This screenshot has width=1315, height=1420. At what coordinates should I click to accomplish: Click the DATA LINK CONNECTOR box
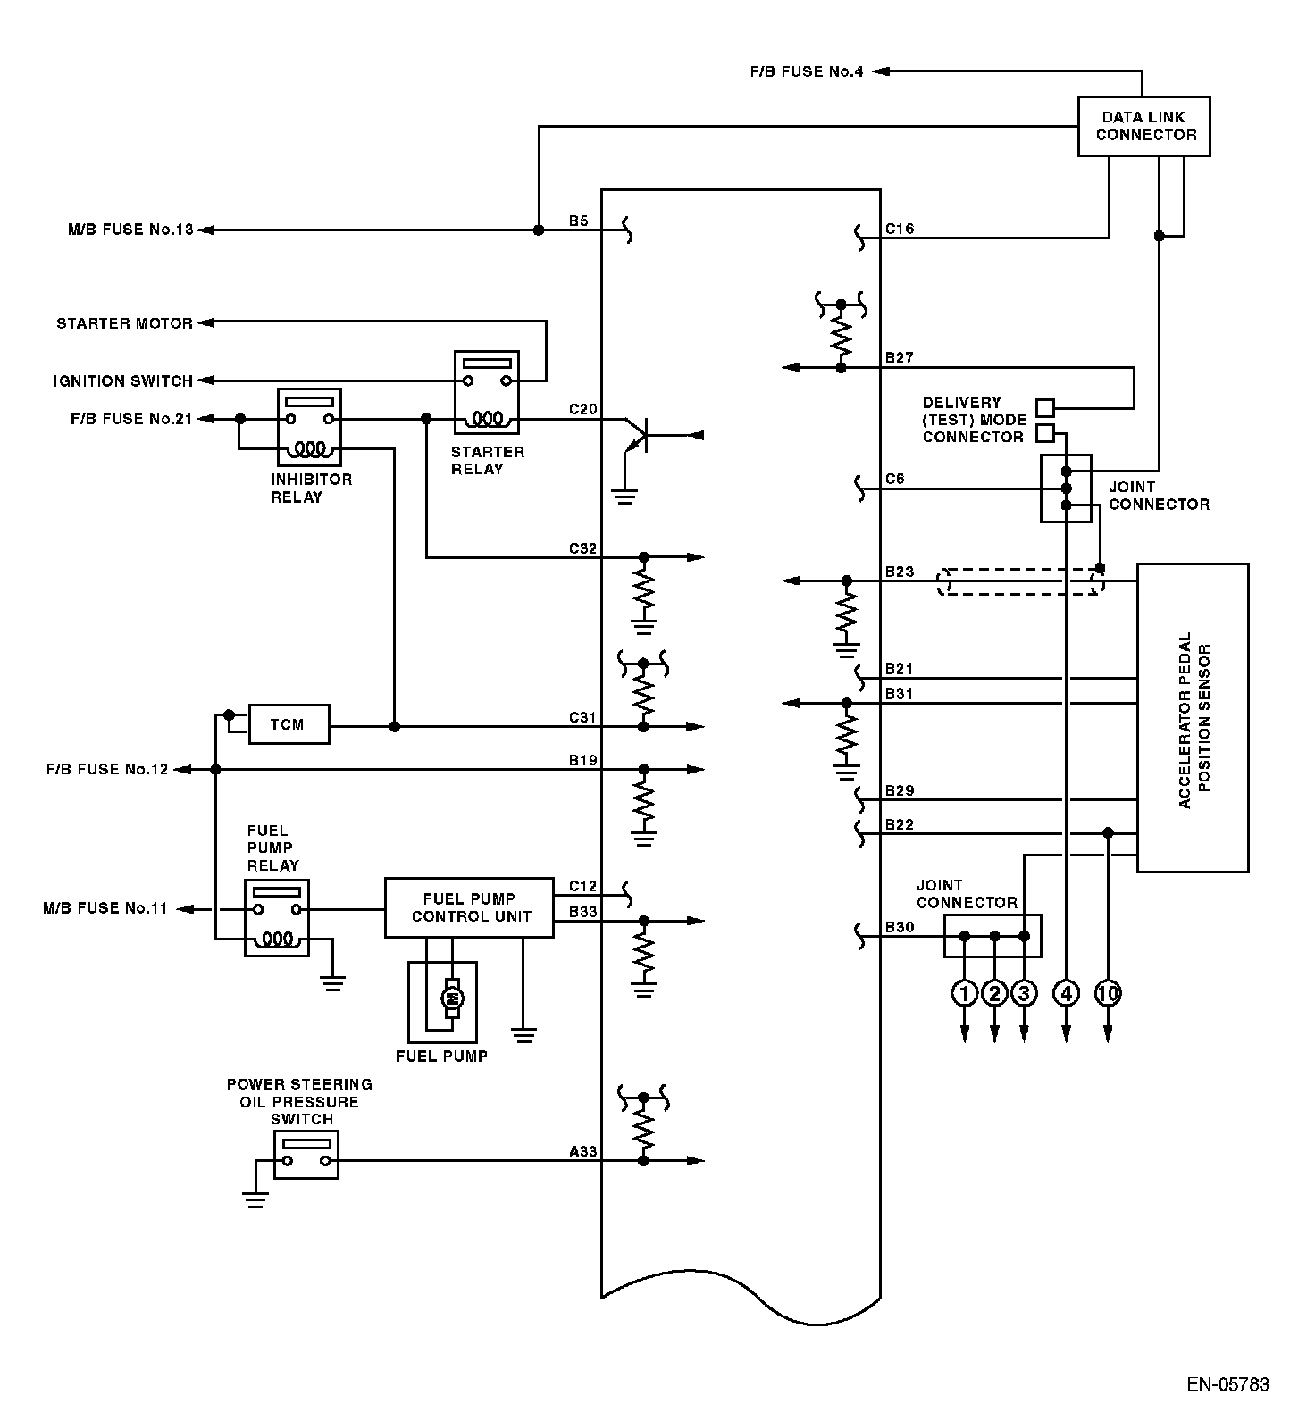(1143, 126)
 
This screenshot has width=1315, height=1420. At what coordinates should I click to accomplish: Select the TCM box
(288, 724)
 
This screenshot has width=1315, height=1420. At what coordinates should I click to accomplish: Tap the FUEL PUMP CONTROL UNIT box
(469, 907)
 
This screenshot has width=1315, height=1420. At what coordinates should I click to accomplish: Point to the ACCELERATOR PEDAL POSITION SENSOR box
(1192, 717)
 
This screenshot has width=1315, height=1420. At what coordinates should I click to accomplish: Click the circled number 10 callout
(1108, 992)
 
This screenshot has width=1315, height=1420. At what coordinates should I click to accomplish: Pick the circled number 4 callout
(1066, 992)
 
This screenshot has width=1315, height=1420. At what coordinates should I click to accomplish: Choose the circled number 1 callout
(965, 992)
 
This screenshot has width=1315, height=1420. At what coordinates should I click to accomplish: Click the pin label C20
(582, 410)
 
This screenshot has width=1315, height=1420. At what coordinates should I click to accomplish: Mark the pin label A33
(582, 1152)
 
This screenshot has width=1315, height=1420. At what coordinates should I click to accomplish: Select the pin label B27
(899, 358)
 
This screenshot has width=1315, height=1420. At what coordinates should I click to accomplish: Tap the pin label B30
(899, 928)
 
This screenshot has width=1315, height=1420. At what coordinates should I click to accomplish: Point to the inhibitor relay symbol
(309, 427)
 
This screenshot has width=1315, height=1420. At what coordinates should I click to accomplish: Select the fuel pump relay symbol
(277, 918)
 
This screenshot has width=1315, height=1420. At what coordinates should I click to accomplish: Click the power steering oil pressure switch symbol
(306, 1155)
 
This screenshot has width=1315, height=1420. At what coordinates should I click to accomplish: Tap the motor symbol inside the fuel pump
(452, 998)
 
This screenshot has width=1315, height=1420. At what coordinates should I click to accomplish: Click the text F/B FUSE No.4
(807, 71)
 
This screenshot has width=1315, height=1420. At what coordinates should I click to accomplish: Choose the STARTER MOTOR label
(124, 323)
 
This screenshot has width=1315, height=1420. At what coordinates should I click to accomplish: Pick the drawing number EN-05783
(1228, 1385)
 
